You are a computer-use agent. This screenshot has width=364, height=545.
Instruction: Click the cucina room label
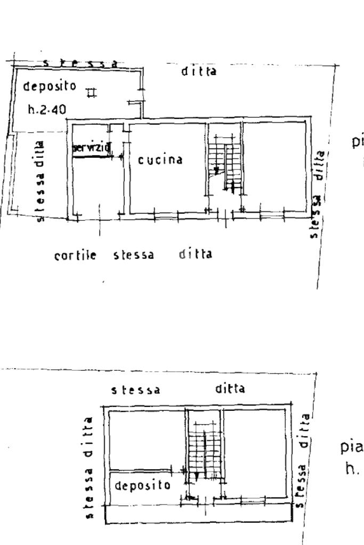pos(160,159)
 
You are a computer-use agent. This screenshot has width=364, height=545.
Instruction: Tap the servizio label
pos(91,149)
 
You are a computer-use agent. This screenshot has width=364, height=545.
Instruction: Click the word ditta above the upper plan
pos(199,71)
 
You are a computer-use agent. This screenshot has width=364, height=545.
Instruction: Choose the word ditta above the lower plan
pos(230,389)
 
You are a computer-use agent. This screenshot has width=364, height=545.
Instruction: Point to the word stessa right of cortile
pos(134,255)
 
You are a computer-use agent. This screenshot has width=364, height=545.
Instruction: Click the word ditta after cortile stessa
pos(196,254)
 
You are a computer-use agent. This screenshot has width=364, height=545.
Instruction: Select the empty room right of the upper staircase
pos(274,165)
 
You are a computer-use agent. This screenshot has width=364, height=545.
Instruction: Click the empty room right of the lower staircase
pos(256,453)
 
